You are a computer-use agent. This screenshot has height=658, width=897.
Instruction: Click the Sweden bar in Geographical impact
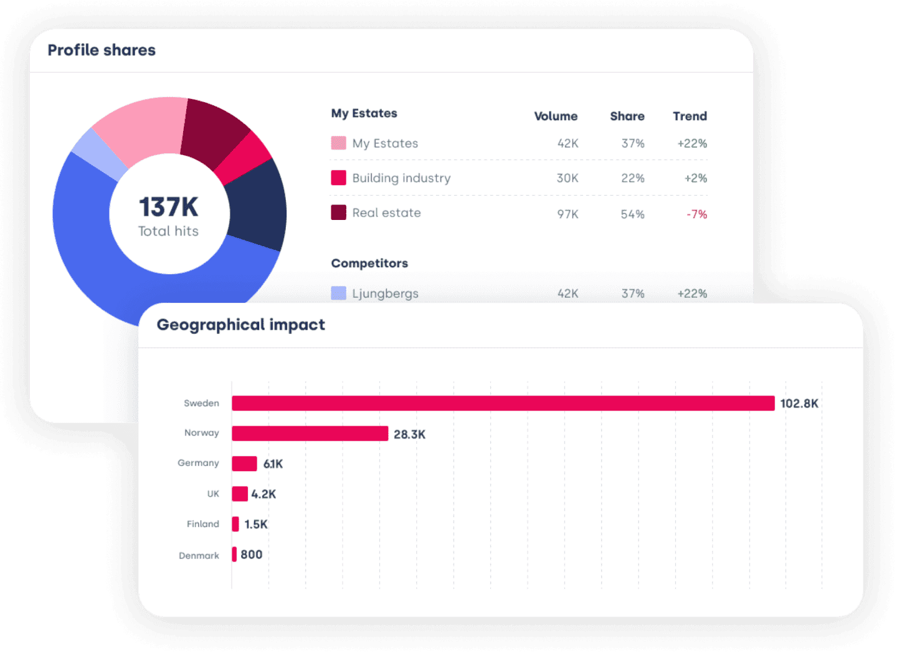click(x=503, y=403)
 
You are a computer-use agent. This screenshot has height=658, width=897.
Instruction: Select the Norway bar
click(x=310, y=434)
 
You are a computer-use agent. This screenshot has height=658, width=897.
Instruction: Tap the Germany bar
click(x=244, y=464)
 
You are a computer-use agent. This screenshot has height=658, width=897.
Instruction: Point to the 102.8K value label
click(x=799, y=404)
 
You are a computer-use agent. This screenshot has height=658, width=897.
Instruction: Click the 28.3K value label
click(x=409, y=434)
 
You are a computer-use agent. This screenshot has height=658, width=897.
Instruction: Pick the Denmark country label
click(x=199, y=555)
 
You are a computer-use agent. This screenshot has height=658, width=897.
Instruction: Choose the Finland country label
click(x=202, y=524)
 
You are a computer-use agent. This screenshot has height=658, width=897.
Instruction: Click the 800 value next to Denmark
click(x=251, y=555)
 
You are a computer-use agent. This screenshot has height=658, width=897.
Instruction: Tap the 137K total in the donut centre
click(x=168, y=207)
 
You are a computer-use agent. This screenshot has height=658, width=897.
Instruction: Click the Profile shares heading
click(x=102, y=50)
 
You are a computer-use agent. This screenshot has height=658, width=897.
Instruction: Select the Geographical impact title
click(x=240, y=325)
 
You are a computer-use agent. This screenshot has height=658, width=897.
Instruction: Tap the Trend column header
click(x=690, y=116)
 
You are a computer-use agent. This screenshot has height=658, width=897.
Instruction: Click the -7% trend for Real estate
click(x=696, y=214)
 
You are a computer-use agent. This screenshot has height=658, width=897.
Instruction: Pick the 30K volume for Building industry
click(x=567, y=178)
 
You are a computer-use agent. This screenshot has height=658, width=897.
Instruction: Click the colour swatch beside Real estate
click(x=338, y=212)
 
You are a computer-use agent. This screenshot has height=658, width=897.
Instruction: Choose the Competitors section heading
click(x=369, y=263)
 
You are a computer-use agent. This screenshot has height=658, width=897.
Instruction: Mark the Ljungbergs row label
click(x=385, y=293)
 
